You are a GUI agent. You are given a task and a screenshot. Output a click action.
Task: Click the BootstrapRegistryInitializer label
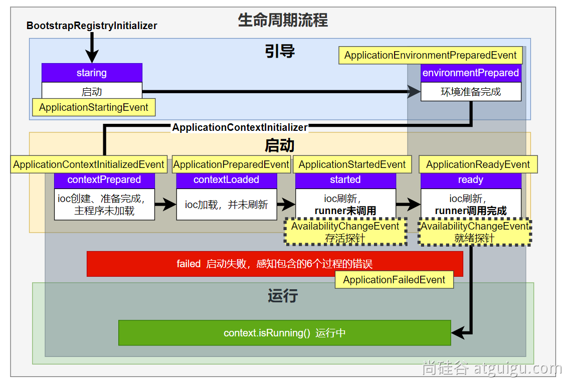click(92, 26)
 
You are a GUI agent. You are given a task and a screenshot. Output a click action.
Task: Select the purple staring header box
click(92, 73)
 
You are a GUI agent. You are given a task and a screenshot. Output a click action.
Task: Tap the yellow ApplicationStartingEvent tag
click(94, 107)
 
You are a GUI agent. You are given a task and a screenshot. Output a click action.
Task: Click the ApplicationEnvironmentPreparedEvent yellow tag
click(431, 56)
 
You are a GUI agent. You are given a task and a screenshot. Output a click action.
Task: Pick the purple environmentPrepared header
click(471, 73)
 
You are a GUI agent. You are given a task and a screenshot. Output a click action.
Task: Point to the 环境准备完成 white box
click(471, 92)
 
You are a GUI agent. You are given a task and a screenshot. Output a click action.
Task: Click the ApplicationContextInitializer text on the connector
click(240, 127)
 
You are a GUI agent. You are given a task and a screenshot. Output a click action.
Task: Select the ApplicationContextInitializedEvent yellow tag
click(89, 164)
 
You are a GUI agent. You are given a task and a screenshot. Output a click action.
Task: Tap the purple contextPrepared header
click(104, 180)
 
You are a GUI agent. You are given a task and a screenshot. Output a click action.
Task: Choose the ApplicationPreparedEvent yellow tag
click(231, 164)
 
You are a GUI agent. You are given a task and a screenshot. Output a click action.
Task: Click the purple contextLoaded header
click(227, 180)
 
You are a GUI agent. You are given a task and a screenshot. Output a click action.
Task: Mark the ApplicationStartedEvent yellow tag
click(352, 164)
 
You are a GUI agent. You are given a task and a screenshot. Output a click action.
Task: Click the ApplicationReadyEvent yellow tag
click(478, 164)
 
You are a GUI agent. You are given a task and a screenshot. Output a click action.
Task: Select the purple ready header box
click(471, 180)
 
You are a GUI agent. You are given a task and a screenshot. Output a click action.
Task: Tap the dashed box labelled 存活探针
click(345, 232)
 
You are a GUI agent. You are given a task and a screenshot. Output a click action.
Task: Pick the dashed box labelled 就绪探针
click(475, 232)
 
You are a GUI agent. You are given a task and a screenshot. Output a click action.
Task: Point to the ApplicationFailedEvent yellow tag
click(394, 280)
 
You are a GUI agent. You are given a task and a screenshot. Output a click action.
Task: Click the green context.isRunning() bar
click(284, 333)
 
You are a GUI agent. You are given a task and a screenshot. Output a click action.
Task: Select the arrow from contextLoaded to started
click(286, 205)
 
